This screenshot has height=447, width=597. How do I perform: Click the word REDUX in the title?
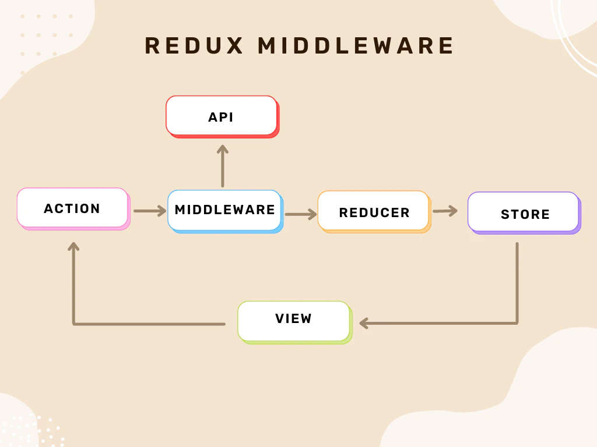[194, 46]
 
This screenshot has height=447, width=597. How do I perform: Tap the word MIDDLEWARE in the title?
[356, 46]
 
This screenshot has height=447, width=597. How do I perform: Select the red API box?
[223, 116]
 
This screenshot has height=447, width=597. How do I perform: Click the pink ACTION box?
[73, 209]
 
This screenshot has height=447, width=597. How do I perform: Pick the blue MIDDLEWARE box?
[226, 211]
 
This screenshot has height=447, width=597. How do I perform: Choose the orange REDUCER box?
[375, 212]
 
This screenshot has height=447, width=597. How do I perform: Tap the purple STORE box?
[524, 213]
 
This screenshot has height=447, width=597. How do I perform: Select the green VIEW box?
[295, 322]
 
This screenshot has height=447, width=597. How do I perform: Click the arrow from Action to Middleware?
[150, 211]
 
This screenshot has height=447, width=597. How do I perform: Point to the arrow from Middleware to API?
[223, 166]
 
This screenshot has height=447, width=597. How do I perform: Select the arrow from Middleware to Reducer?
[301, 214]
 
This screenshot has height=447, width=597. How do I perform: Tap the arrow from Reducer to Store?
[445, 211]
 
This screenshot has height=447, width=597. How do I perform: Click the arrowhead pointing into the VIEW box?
[364, 324]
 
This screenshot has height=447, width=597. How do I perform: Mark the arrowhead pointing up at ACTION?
[73, 247]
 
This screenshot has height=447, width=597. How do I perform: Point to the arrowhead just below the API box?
[223, 149]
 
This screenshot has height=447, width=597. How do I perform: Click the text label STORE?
[525, 214]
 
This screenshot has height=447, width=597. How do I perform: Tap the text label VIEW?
[294, 318]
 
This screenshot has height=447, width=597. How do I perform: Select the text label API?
[221, 117]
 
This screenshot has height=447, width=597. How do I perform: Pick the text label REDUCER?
[375, 212]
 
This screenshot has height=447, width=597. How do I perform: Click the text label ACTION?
[72, 208]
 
